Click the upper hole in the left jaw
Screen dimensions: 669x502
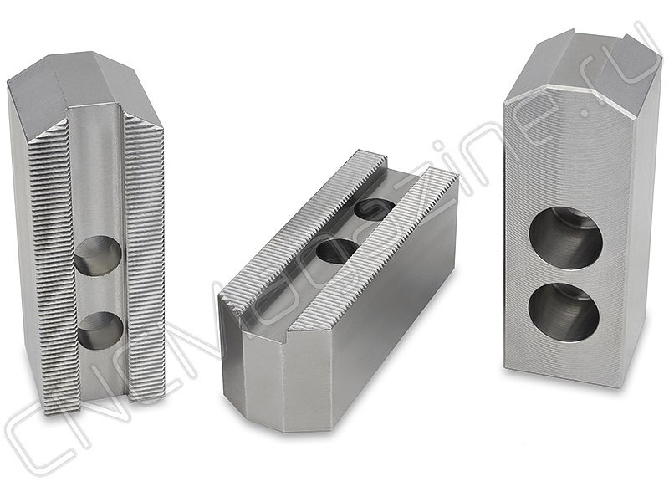coord(98,255)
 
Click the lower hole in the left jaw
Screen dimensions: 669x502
coord(100,330)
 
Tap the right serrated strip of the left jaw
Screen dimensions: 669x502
coord(144,256)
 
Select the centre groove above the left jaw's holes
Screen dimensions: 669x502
coord(96,171)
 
